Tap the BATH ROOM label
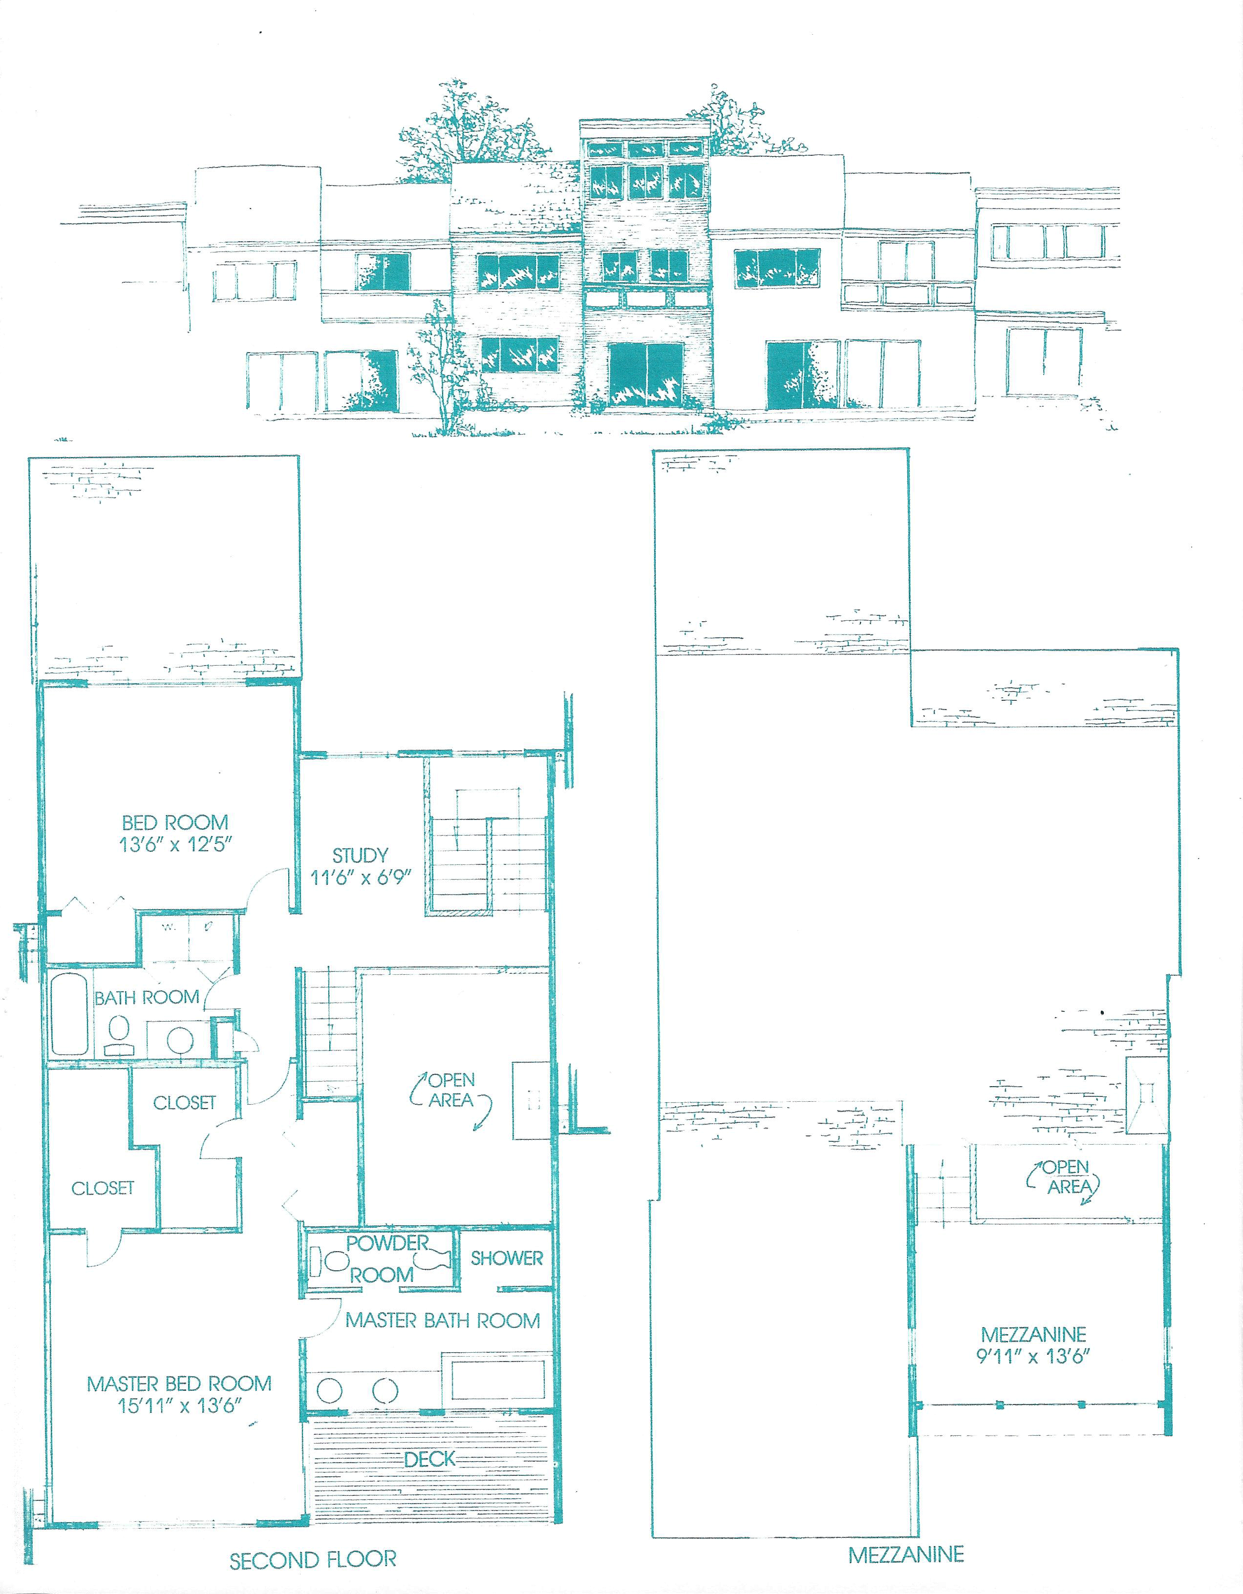pos(147,997)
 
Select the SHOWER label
pos(506,1258)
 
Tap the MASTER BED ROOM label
pos(179,1383)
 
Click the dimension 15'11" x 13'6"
pos(179,1405)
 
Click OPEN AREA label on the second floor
pos(451,1090)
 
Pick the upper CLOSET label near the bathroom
pos(184,1102)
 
